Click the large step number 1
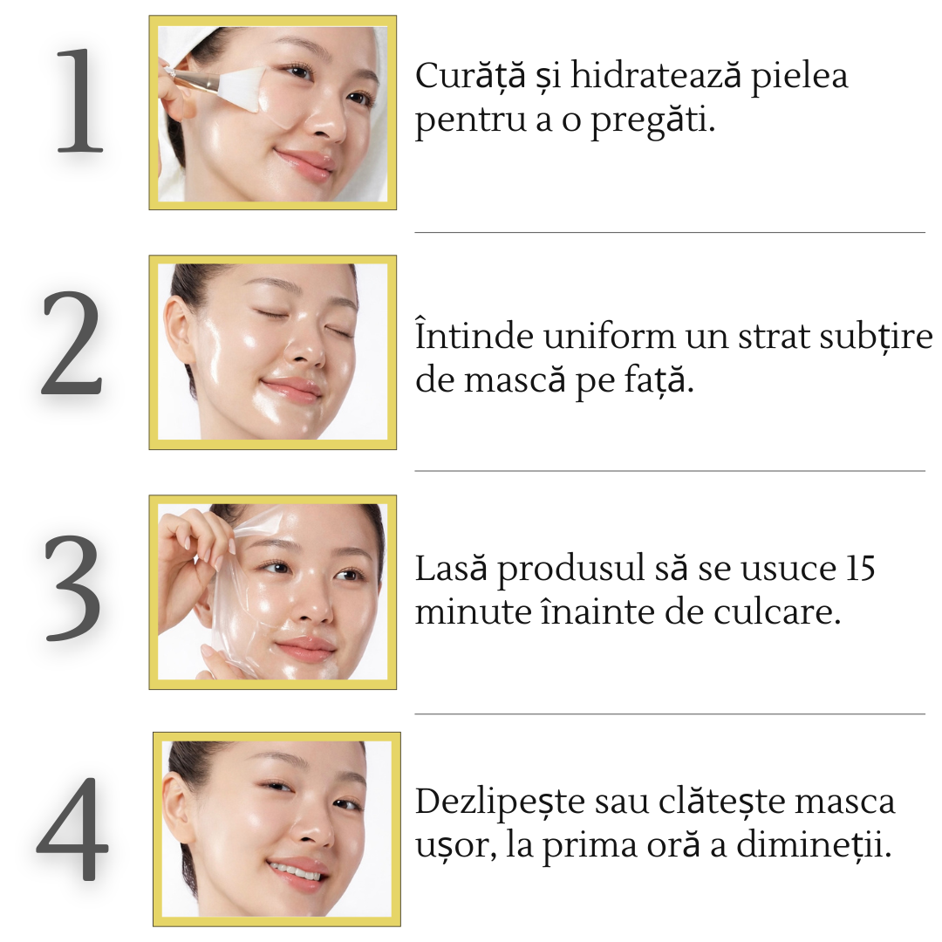[x=80, y=100]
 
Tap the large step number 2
[x=72, y=343]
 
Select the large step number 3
[x=72, y=588]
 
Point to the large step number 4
[x=72, y=829]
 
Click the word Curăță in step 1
[x=470, y=77]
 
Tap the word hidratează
[x=655, y=76]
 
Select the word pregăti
[x=653, y=120]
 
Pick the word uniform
[x=609, y=336]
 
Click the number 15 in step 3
[x=860, y=569]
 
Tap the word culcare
[x=776, y=612]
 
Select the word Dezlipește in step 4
[x=500, y=802]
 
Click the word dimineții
[x=814, y=845]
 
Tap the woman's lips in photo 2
[x=292, y=388]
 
